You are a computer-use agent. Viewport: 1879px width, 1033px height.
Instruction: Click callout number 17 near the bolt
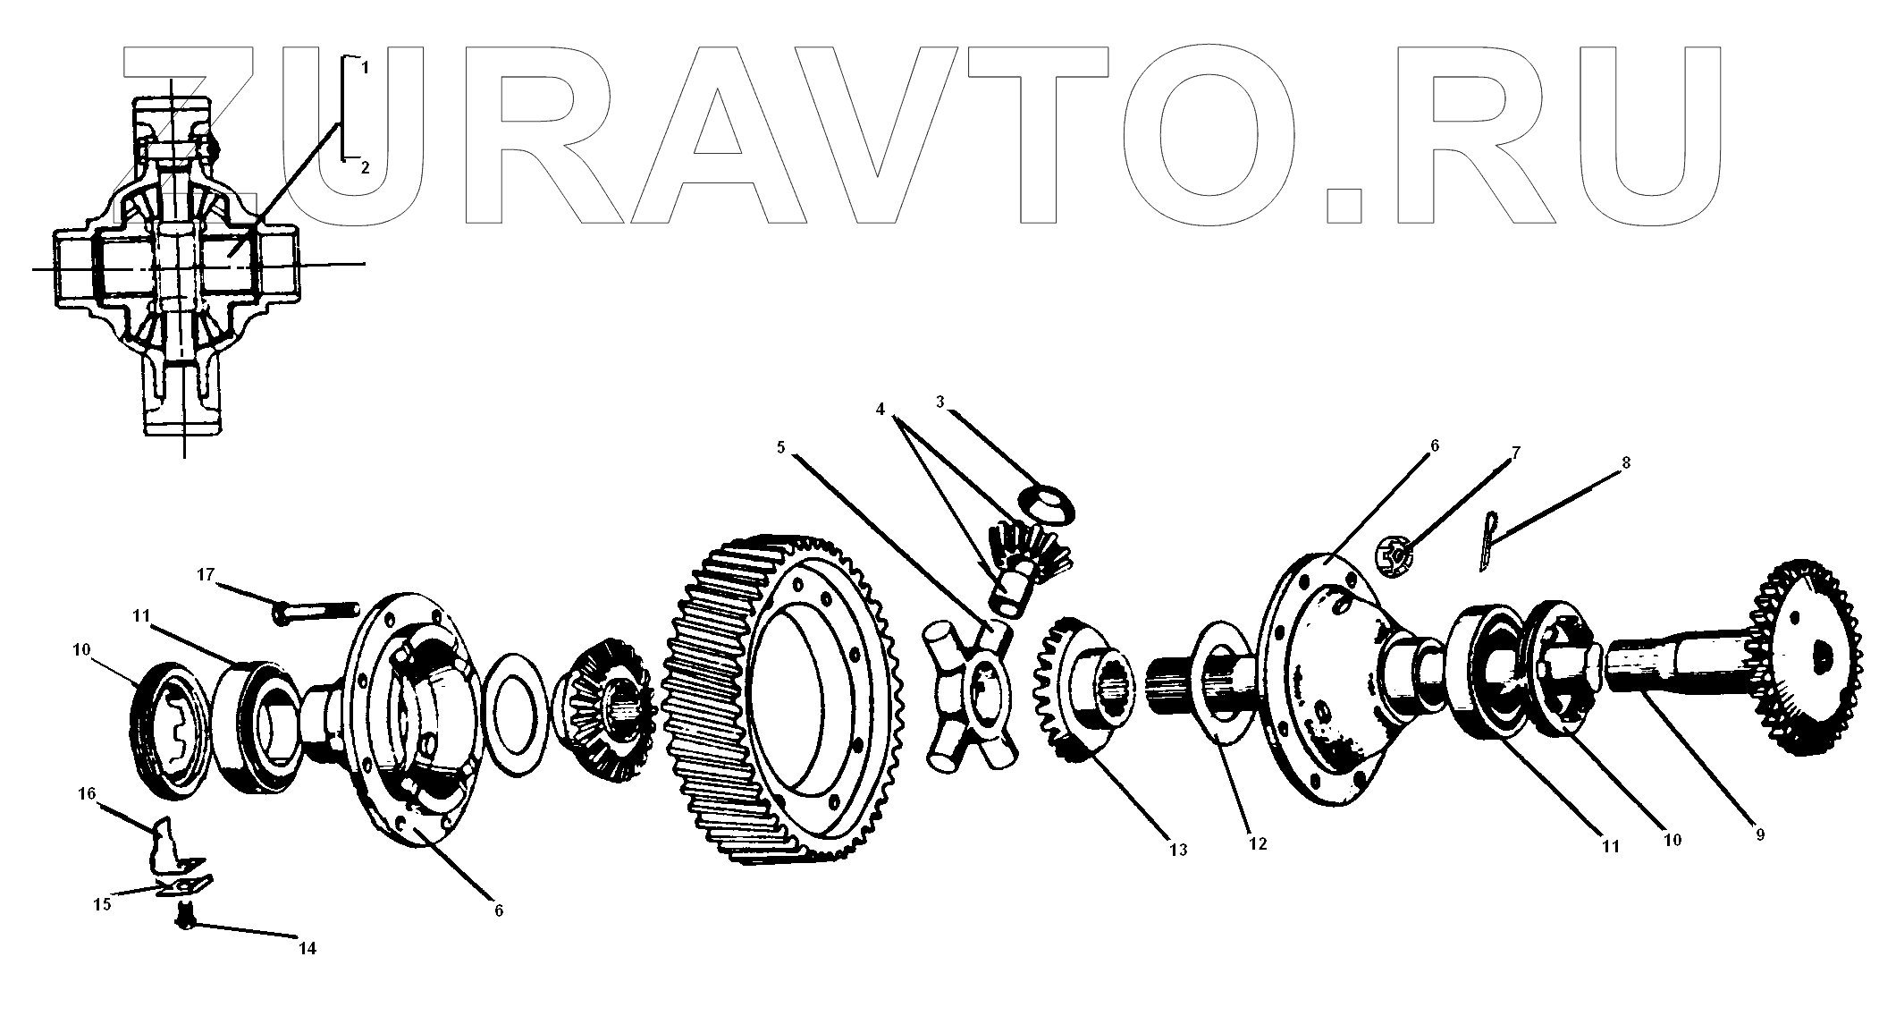(x=206, y=574)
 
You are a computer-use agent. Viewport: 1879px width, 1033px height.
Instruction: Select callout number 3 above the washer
(x=940, y=402)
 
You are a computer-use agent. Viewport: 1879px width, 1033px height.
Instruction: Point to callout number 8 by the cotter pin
(x=1626, y=462)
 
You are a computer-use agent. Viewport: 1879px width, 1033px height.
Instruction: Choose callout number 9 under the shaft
(x=1759, y=835)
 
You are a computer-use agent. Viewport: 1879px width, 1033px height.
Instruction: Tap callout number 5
(x=780, y=446)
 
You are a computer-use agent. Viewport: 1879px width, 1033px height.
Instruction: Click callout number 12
(x=1258, y=843)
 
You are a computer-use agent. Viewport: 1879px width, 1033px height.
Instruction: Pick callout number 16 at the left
(x=87, y=793)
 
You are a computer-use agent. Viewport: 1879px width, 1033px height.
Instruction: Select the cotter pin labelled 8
(x=1486, y=539)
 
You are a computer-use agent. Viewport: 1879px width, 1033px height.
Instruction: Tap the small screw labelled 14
(x=185, y=916)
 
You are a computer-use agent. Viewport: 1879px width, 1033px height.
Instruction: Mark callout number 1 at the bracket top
(x=365, y=66)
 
